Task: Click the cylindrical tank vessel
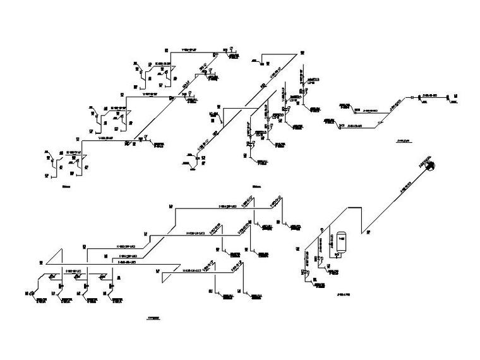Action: click(342, 240)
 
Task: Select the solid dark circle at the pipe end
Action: click(431, 165)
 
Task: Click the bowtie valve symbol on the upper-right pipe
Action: click(412, 97)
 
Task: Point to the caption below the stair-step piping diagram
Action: click(67, 186)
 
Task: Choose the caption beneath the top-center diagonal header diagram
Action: click(256, 186)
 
